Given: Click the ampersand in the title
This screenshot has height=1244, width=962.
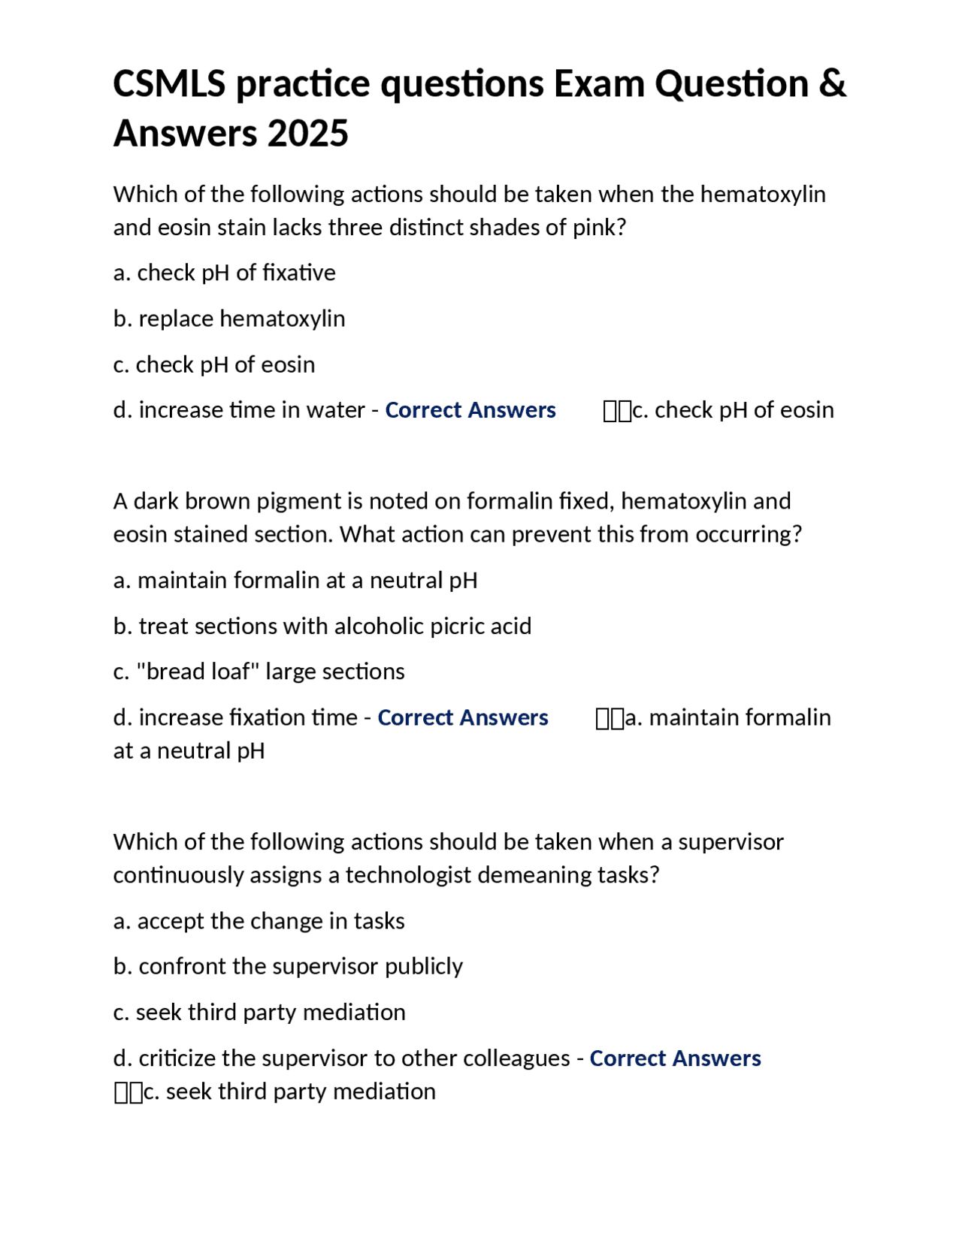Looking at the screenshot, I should [831, 83].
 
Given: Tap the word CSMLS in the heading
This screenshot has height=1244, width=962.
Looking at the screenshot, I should [169, 83].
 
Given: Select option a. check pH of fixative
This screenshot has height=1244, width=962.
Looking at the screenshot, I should [224, 273].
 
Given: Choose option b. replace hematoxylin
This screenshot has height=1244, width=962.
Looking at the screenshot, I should [229, 319].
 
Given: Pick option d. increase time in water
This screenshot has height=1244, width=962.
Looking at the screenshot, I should [239, 410].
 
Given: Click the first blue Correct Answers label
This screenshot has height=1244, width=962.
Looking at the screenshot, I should [470, 410].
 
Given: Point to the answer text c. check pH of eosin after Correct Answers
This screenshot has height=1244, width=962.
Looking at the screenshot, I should [733, 410].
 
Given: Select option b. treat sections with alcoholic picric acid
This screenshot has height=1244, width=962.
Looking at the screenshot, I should [322, 626].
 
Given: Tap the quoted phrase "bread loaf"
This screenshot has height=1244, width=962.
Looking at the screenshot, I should [198, 672].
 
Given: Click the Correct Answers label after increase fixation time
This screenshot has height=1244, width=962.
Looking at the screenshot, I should [463, 717].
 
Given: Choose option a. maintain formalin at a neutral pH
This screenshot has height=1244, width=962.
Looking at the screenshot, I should [295, 581].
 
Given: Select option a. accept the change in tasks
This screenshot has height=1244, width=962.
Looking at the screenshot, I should [259, 921].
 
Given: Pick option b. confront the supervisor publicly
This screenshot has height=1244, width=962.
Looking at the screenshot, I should [288, 966].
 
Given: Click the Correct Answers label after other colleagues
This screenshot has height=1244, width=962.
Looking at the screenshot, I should [675, 1058].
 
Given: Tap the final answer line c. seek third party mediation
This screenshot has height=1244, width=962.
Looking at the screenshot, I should [289, 1092].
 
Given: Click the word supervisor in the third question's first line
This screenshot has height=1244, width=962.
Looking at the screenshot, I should [731, 842].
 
